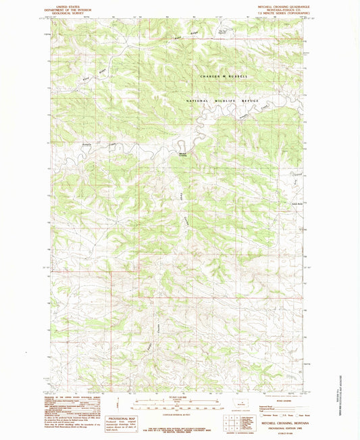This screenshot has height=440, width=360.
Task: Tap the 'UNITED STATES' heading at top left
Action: [68, 4]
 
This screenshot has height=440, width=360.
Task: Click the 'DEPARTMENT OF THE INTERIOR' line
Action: [68, 7]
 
